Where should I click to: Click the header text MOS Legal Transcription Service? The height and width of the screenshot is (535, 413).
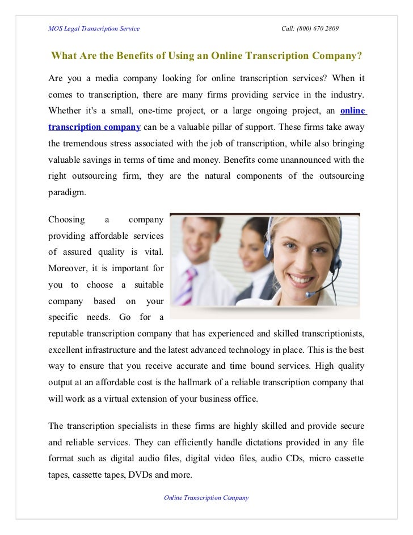(94, 28)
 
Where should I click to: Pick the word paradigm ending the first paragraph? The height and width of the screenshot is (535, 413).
(67, 192)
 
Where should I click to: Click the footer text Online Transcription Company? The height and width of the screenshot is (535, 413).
(206, 498)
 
